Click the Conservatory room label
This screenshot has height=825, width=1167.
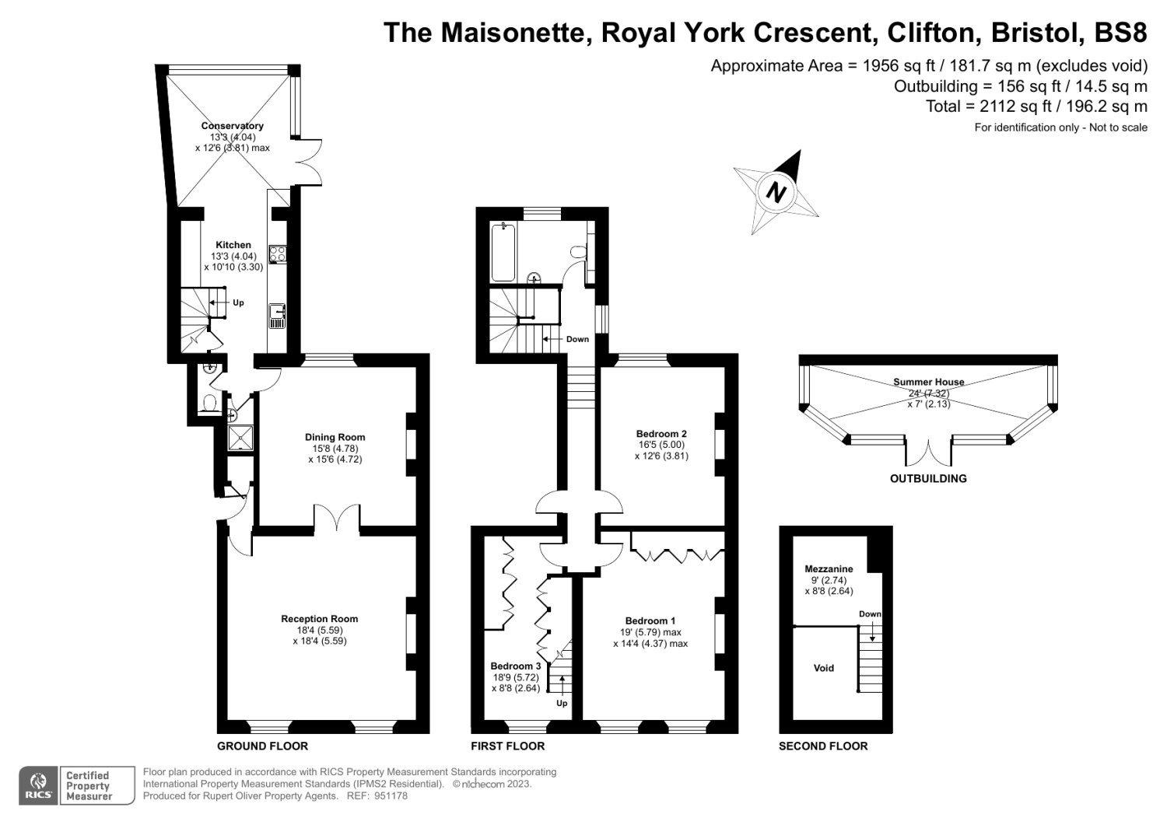[x=232, y=126]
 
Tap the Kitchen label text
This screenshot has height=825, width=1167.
[x=233, y=245]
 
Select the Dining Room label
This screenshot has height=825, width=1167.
[x=335, y=437]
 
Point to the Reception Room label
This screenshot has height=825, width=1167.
[x=319, y=619]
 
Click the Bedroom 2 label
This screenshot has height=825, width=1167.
[x=661, y=434]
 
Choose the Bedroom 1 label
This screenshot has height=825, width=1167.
[x=650, y=620]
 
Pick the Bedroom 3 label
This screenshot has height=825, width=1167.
[x=515, y=666]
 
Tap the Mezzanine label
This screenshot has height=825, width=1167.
[x=829, y=569]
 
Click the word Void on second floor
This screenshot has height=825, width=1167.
[x=823, y=668]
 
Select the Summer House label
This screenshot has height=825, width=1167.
[x=928, y=382]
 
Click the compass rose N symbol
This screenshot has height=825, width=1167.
[x=776, y=191]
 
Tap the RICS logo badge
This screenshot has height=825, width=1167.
[x=38, y=785]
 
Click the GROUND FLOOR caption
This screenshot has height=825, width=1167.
[x=262, y=746]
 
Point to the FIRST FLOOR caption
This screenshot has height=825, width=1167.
[x=507, y=746]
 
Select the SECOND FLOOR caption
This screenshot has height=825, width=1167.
[x=823, y=746]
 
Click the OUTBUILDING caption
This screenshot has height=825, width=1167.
[x=928, y=479]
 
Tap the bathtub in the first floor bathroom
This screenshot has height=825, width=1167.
[x=503, y=251]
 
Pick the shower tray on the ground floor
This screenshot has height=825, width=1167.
[x=240, y=439]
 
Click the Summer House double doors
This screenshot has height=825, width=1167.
[x=929, y=454]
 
